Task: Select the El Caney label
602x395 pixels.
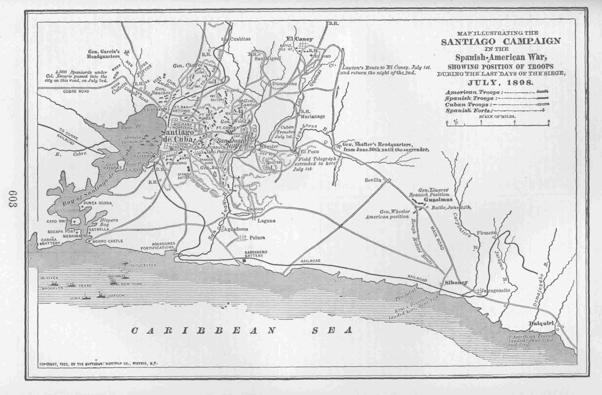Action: pos(300,39)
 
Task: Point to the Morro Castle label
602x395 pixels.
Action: pos(107,241)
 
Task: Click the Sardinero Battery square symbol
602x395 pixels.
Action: pos(244,260)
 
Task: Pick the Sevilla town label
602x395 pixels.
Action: pos(373,180)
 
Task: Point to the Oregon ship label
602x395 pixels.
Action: pos(117,296)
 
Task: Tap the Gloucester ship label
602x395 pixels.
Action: pos(143,265)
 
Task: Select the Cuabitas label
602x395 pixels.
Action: pos(240,39)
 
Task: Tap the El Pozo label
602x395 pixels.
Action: pos(308,152)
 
